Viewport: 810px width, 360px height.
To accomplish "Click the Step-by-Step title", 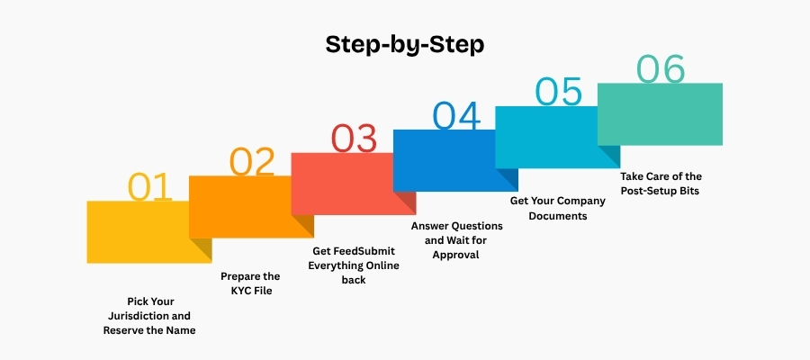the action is [405, 45].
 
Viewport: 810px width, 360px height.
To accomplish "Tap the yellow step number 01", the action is [149, 187].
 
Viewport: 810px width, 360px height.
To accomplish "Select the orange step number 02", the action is [252, 162].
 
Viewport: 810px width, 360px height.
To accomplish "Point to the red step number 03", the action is [354, 139].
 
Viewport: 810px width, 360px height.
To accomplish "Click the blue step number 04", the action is [456, 115].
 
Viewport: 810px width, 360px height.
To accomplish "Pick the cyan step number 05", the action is [558, 92].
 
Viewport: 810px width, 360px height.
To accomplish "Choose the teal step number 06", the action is [661, 68].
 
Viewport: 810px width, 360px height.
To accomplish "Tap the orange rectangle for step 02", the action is [251, 207].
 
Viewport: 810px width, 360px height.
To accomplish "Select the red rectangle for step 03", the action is [354, 184].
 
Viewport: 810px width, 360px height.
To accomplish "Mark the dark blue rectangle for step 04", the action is [455, 160].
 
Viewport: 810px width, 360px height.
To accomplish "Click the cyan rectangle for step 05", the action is [557, 137].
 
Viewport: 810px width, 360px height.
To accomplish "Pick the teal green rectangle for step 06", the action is [661, 114].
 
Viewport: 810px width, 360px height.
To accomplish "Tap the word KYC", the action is [243, 291].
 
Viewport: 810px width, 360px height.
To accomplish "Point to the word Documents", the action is [558, 216].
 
